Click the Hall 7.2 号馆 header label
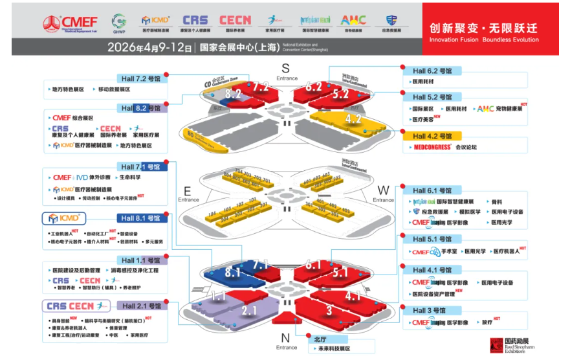click(x=142, y=78)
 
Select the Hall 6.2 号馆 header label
click(x=432, y=71)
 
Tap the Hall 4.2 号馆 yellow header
click(x=432, y=136)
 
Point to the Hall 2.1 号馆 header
click(x=142, y=306)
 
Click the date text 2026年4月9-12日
click(x=149, y=47)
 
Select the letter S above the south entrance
click(x=285, y=68)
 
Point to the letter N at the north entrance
click(x=285, y=337)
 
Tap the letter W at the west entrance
click(x=382, y=190)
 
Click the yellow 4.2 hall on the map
click(x=353, y=119)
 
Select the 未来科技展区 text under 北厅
click(x=334, y=348)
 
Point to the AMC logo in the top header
click(x=353, y=21)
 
